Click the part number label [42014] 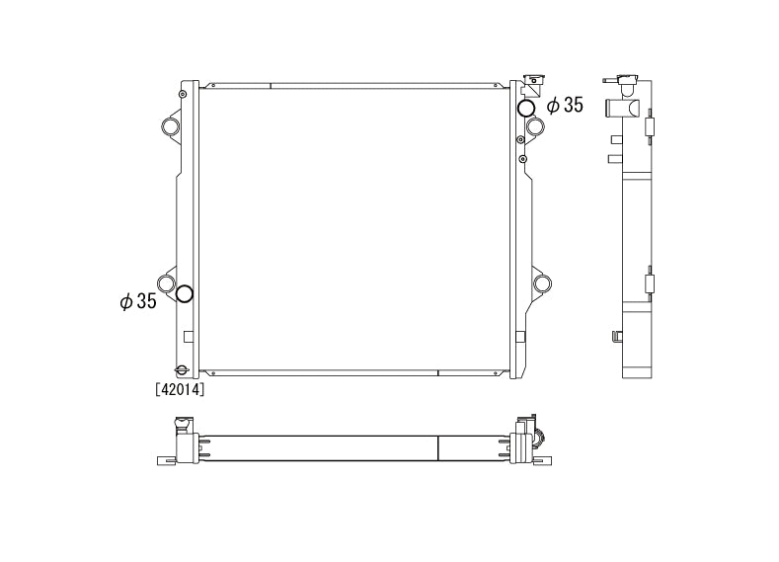pyautogui.click(x=180, y=389)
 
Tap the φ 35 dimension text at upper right pyautogui.click(x=565, y=105)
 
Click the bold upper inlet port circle pyautogui.click(x=527, y=108)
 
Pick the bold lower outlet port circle pyautogui.click(x=184, y=294)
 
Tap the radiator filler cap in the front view pyautogui.click(x=534, y=81)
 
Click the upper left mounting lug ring pyautogui.click(x=170, y=127)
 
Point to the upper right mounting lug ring pyautogui.click(x=535, y=126)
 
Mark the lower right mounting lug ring pyautogui.click(x=541, y=284)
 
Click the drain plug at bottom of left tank pyautogui.click(x=180, y=370)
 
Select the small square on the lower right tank pyautogui.click(x=521, y=336)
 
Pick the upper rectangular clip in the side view pyautogui.click(x=649, y=127)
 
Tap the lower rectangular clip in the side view pyautogui.click(x=649, y=284)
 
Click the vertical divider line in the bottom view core pyautogui.click(x=437, y=448)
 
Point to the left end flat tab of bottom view pyautogui.click(x=164, y=459)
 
